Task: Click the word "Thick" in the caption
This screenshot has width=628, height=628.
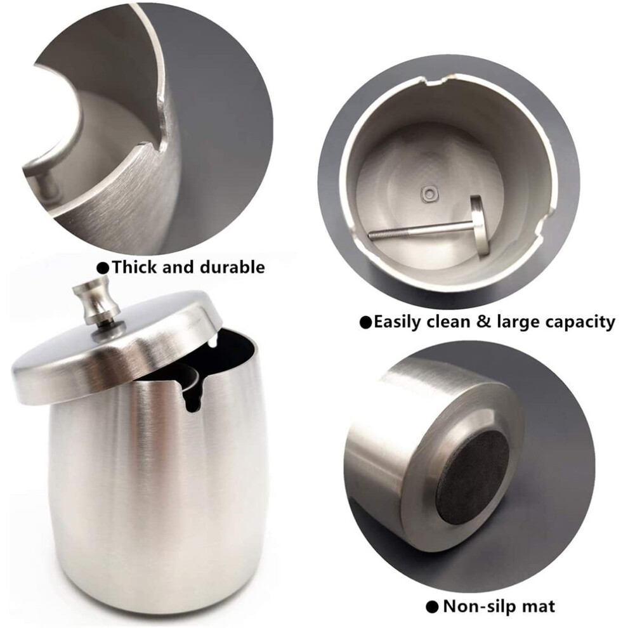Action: (x=135, y=267)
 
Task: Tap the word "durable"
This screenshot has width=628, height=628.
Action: (x=232, y=267)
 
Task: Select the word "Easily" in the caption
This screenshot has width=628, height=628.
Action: (x=398, y=322)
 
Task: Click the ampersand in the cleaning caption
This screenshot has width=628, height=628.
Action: (x=483, y=322)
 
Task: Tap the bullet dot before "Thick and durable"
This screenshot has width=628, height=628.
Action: (x=104, y=268)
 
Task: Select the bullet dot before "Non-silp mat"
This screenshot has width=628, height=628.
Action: (x=432, y=608)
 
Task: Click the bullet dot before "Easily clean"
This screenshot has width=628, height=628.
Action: (x=365, y=322)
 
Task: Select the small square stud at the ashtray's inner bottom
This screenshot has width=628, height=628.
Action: (x=429, y=194)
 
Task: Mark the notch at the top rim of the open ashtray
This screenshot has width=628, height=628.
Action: (x=434, y=81)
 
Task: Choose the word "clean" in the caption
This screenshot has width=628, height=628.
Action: (x=449, y=322)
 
